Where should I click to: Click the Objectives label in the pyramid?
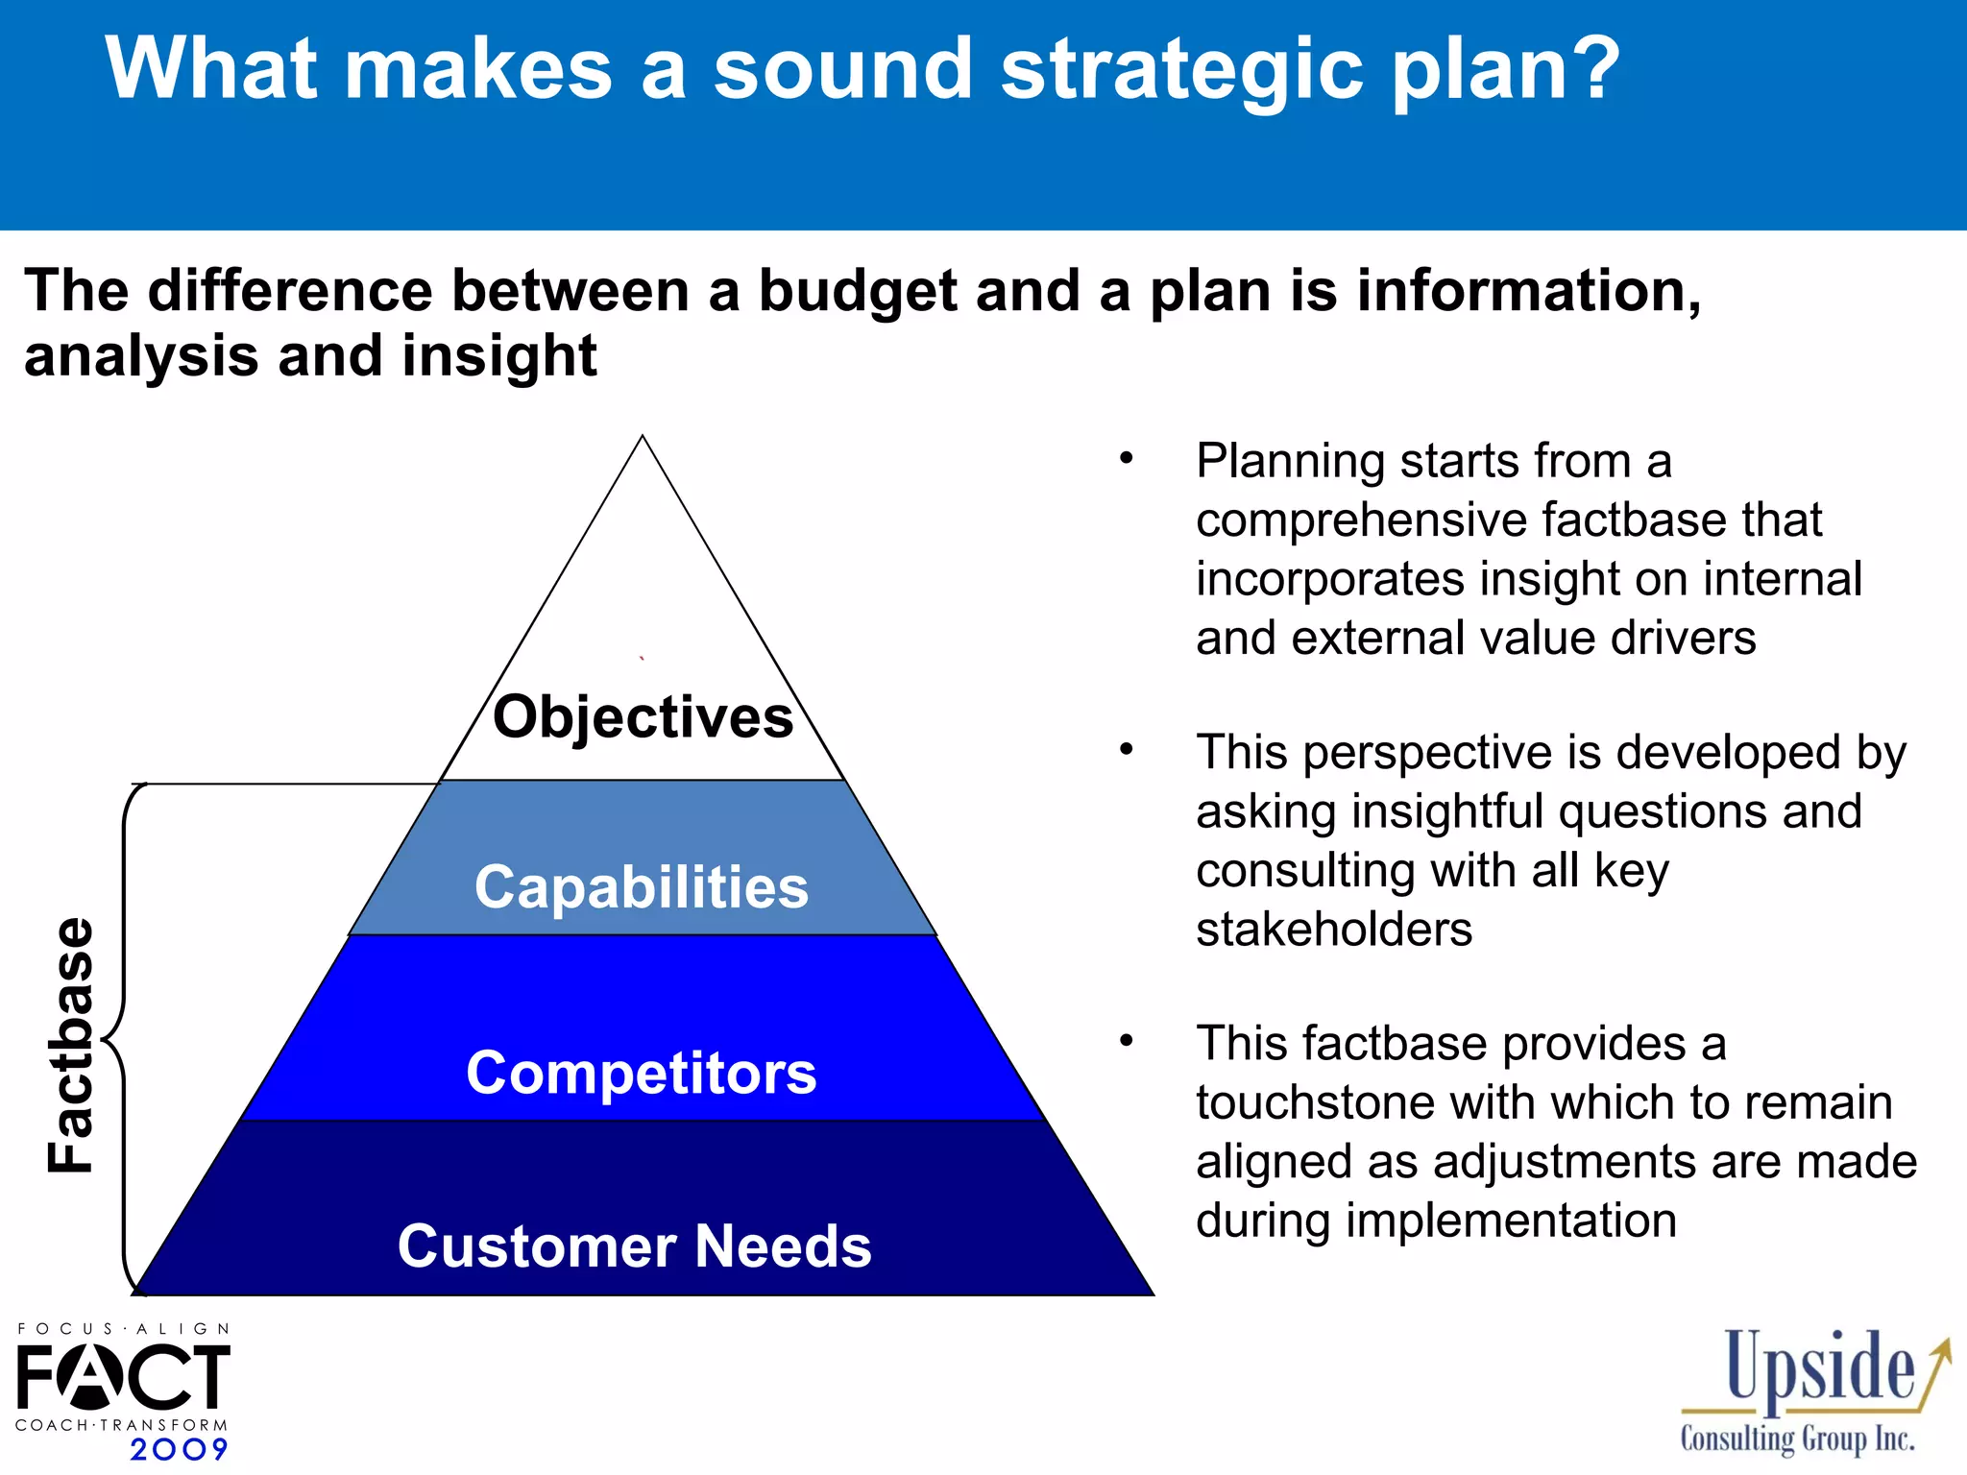point(643,717)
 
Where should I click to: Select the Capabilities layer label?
point(642,887)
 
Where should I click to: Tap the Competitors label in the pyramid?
point(642,1073)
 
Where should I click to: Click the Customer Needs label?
point(635,1246)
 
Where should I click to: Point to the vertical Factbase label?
point(71,1045)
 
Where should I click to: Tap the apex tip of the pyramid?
point(643,439)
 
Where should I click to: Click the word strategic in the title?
point(1181,69)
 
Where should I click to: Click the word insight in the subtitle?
point(498,355)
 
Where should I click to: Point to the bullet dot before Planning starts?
point(1127,458)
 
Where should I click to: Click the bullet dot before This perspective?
point(1127,749)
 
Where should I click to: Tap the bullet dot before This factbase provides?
point(1127,1040)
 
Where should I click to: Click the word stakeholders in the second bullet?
point(1333,930)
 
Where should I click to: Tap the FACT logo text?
point(123,1376)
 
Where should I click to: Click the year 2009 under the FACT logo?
point(179,1449)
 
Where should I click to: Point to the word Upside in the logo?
point(1819,1369)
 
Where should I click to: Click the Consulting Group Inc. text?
point(1797,1439)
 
